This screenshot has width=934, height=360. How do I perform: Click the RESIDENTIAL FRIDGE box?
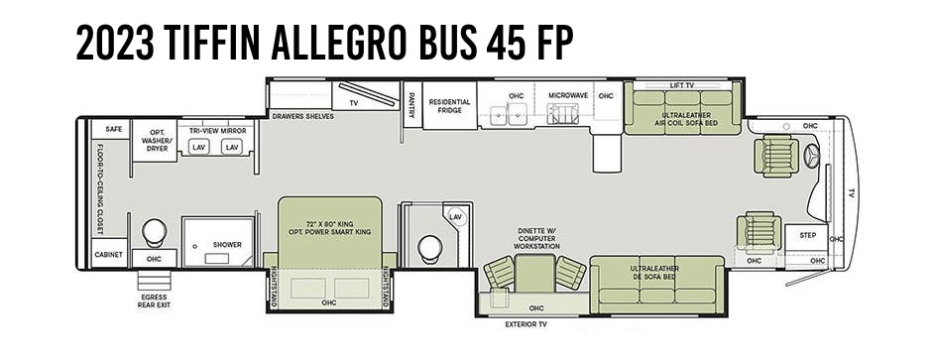[448, 106]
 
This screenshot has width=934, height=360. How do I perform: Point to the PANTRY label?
[410, 105]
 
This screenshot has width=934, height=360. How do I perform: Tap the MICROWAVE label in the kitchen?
[568, 95]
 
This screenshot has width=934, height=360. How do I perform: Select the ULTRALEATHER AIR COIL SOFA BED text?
[685, 120]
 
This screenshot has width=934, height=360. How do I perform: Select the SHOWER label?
[227, 244]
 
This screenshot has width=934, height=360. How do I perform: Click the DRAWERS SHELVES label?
[303, 116]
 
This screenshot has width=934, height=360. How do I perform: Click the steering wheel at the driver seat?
[811, 157]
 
